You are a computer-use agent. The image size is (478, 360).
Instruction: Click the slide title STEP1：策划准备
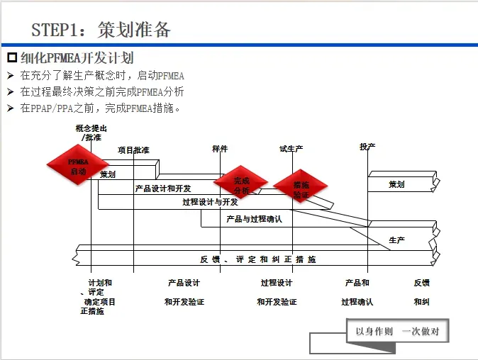[x=101, y=30]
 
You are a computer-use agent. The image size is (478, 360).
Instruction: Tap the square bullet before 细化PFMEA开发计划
[x=11, y=57]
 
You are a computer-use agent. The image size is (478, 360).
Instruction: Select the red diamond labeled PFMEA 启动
[x=78, y=167]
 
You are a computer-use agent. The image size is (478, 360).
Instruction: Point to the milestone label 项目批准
[x=133, y=150]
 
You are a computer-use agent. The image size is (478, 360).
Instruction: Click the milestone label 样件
[x=220, y=149]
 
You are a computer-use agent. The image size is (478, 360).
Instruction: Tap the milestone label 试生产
[x=291, y=149]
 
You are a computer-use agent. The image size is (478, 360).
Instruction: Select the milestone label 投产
[x=367, y=147]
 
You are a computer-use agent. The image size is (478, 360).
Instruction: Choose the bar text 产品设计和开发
[x=163, y=189]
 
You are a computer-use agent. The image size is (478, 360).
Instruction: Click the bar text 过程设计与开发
[x=210, y=202]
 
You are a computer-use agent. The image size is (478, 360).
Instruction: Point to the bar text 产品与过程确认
[x=254, y=219]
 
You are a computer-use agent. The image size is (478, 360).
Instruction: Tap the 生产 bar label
[x=397, y=240]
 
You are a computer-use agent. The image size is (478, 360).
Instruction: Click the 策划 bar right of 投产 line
[x=396, y=184]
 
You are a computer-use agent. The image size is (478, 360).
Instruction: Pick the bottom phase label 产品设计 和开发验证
[x=184, y=292]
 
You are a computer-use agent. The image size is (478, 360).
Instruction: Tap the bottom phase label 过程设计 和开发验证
[x=277, y=292]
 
